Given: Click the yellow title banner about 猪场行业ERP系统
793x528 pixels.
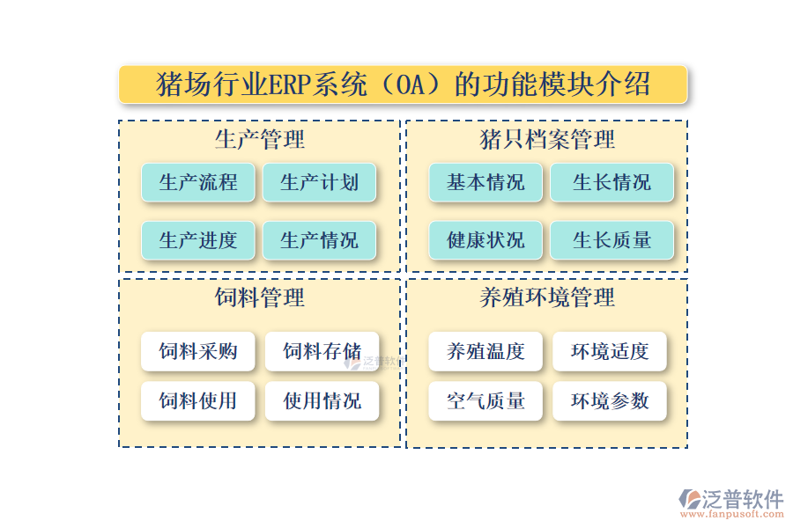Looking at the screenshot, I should (x=403, y=84).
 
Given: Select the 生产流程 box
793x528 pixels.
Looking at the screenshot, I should (x=198, y=183).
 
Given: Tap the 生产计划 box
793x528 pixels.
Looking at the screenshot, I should (x=319, y=183).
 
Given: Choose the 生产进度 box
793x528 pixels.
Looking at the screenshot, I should (x=198, y=240).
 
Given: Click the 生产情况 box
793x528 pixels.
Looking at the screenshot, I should (x=319, y=240).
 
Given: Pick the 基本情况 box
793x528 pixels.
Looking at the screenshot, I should (x=485, y=183).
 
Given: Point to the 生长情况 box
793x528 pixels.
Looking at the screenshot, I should (x=611, y=183).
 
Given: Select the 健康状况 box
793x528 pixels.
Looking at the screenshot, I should (x=485, y=240).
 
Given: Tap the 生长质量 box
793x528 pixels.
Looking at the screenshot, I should (x=611, y=240).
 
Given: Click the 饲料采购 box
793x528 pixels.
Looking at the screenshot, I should (x=198, y=352).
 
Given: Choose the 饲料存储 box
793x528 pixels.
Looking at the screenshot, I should (x=322, y=352).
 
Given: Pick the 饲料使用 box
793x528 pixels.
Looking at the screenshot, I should (x=198, y=401).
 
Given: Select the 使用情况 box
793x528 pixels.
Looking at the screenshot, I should (x=322, y=401).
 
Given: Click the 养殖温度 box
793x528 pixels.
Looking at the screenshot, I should (x=485, y=352).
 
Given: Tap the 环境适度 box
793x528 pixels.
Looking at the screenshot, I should (x=610, y=352).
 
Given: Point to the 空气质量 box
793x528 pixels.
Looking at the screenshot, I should (x=485, y=401).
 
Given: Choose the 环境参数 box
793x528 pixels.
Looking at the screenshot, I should (x=610, y=401).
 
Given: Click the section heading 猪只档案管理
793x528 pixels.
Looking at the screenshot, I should (x=546, y=139).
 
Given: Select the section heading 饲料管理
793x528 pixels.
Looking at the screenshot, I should (x=260, y=297).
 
